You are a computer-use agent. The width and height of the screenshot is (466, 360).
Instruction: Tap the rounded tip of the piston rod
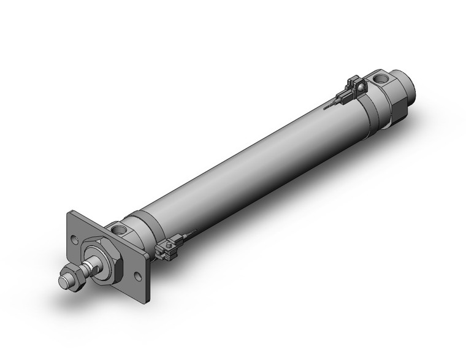click(63, 282)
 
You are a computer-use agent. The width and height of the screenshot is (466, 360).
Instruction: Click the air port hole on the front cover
click(119, 230)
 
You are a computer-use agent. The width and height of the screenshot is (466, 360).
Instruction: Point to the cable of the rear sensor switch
click(331, 104)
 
